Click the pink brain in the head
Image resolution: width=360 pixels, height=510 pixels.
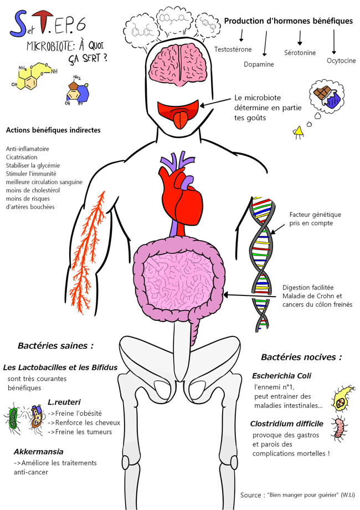point(179,66)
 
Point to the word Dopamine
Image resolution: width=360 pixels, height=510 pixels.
point(259,64)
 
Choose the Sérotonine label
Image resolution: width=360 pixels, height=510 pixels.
point(300,53)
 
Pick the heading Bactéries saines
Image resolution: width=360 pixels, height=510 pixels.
point(55,345)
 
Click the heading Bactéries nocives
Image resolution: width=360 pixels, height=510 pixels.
point(301,357)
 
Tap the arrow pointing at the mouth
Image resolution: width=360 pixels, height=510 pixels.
point(218,101)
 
